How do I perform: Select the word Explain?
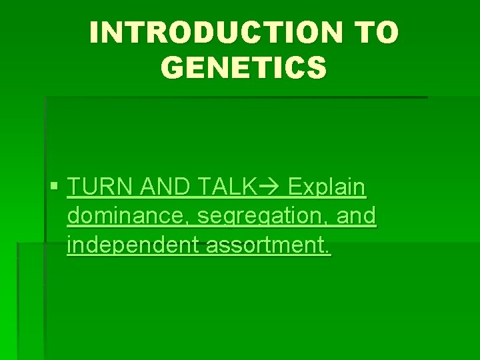click(327, 188)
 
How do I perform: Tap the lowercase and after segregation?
click(357, 217)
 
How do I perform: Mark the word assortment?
click(265, 246)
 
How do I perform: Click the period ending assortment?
click(327, 253)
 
